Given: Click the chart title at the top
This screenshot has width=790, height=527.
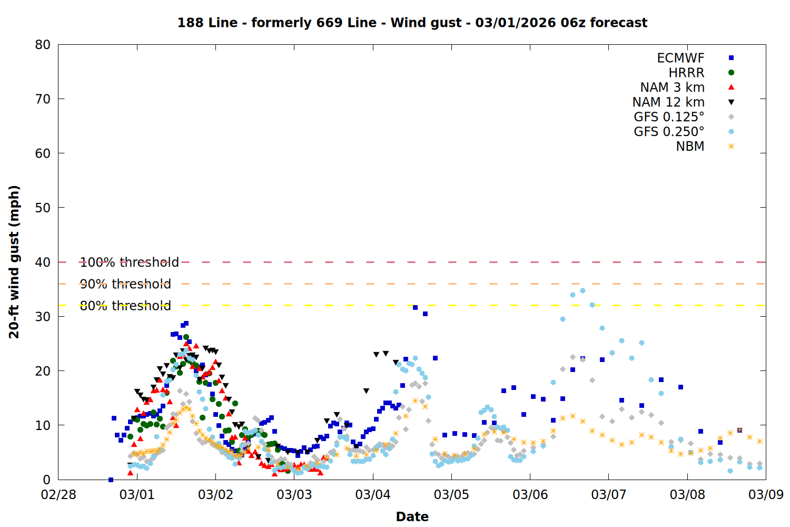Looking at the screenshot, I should tap(412, 23).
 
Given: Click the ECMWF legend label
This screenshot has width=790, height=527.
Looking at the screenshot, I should tap(680, 58).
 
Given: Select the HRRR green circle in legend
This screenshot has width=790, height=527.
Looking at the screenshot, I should tap(731, 73).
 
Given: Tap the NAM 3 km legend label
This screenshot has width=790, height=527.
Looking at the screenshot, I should tap(672, 87).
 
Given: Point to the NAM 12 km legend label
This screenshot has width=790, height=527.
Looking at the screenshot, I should tap(668, 102).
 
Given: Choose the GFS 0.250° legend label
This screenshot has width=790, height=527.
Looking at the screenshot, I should tap(669, 132).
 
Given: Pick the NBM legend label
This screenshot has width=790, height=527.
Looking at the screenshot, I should tap(690, 147).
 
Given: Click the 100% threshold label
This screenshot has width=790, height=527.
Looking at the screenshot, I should tap(129, 262).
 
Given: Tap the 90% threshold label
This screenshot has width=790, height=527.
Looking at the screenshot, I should tap(125, 284).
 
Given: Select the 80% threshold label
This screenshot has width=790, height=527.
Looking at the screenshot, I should tap(125, 306).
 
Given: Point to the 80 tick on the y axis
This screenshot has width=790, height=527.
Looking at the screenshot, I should tap(43, 45).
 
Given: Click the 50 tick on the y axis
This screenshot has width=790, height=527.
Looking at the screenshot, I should tap(43, 208).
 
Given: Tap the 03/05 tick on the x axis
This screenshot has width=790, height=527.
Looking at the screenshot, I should tap(451, 495).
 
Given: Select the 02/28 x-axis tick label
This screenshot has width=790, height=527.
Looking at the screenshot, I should tap(58, 495).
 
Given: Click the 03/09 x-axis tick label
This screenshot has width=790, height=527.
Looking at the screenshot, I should tap(766, 495).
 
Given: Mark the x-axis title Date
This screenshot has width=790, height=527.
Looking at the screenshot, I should tap(412, 516).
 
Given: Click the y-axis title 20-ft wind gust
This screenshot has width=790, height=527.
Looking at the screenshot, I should tap(14, 262).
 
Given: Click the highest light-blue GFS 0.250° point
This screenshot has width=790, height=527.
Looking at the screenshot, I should tap(582, 290).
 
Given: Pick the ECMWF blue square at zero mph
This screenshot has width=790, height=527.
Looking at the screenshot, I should tap(111, 480).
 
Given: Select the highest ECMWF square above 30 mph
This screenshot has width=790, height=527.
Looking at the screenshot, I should tap(415, 307).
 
